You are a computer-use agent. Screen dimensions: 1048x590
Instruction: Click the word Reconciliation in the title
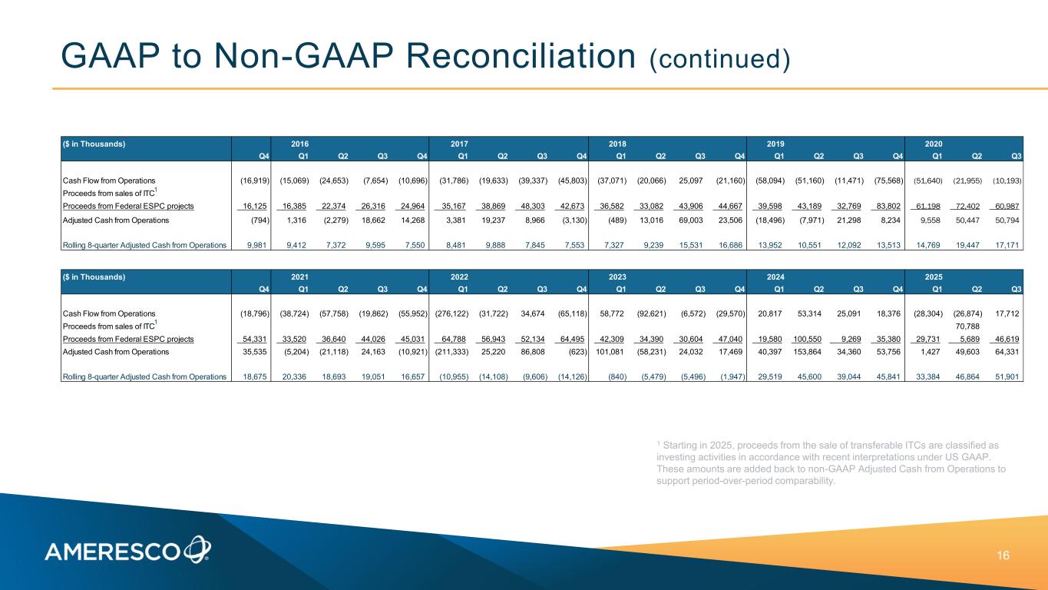pos(521,56)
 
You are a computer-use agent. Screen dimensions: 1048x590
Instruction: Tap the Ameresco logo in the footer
pos(127,550)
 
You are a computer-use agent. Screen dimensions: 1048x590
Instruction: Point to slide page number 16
pos(1003,555)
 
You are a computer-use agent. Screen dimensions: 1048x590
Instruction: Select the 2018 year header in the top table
pos(617,144)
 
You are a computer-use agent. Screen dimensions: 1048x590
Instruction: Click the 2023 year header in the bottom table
pos(617,277)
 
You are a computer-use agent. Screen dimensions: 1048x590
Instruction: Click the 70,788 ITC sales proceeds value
pos(967,326)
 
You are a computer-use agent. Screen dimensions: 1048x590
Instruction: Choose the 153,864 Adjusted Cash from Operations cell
pos(807,352)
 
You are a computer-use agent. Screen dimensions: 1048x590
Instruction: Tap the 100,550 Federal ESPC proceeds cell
pos(807,339)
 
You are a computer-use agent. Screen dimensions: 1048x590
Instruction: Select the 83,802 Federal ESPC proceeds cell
pos(888,206)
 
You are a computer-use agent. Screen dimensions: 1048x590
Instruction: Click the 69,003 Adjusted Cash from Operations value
pos(690,220)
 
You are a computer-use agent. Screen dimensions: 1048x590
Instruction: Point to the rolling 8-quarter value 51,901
pos(1007,376)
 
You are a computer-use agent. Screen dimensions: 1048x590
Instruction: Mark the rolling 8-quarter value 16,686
pos(730,245)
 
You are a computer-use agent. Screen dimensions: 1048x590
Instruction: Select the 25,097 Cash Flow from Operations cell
pos(690,181)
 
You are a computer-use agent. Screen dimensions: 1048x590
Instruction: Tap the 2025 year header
pos(934,277)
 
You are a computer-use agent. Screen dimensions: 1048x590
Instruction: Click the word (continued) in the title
pos(719,59)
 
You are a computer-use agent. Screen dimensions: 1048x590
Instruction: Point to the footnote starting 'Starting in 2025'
pos(831,462)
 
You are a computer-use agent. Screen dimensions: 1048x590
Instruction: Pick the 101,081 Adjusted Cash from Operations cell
pos(610,352)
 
